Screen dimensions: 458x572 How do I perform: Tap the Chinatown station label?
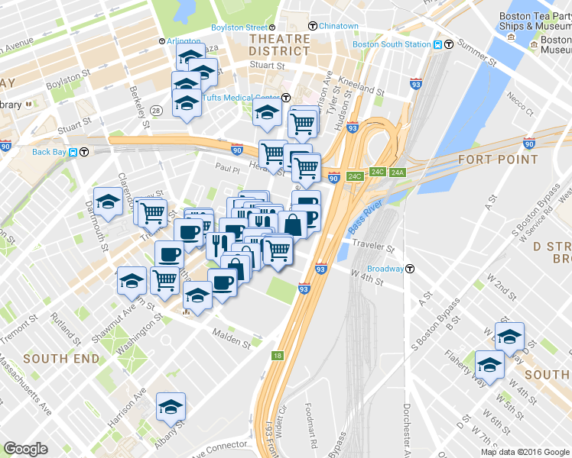point(338,26)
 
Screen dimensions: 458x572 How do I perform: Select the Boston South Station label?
point(392,44)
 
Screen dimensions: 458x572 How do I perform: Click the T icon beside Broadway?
point(411,269)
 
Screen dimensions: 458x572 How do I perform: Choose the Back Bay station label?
point(50,151)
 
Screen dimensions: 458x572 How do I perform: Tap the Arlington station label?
point(184,41)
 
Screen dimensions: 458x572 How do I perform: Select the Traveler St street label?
point(373,248)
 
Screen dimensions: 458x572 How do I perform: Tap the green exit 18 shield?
point(277,356)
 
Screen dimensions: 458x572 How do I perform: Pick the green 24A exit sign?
point(397,173)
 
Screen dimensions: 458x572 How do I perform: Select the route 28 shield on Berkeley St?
point(157,111)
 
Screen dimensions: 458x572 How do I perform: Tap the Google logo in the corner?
point(25,449)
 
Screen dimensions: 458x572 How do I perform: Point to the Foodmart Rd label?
point(311,423)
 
